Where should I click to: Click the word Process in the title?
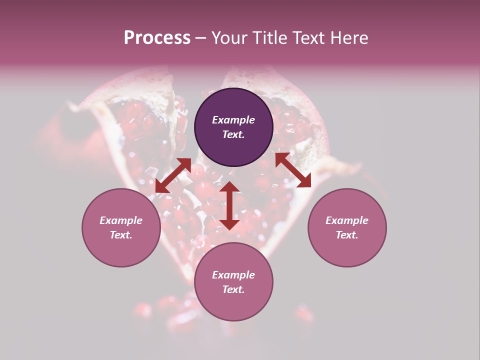pos(157,38)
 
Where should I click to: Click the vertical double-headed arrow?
pos(229,205)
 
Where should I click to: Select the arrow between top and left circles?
pos(173,175)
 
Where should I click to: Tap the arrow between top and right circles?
pos(293,170)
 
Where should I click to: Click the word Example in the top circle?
pos(233,120)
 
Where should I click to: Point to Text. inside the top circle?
pos(233,134)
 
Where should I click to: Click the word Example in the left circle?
pos(121,220)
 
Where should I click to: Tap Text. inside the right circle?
pos(347,235)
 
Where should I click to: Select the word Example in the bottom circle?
pos(233,275)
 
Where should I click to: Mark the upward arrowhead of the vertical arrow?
pos(229,187)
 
